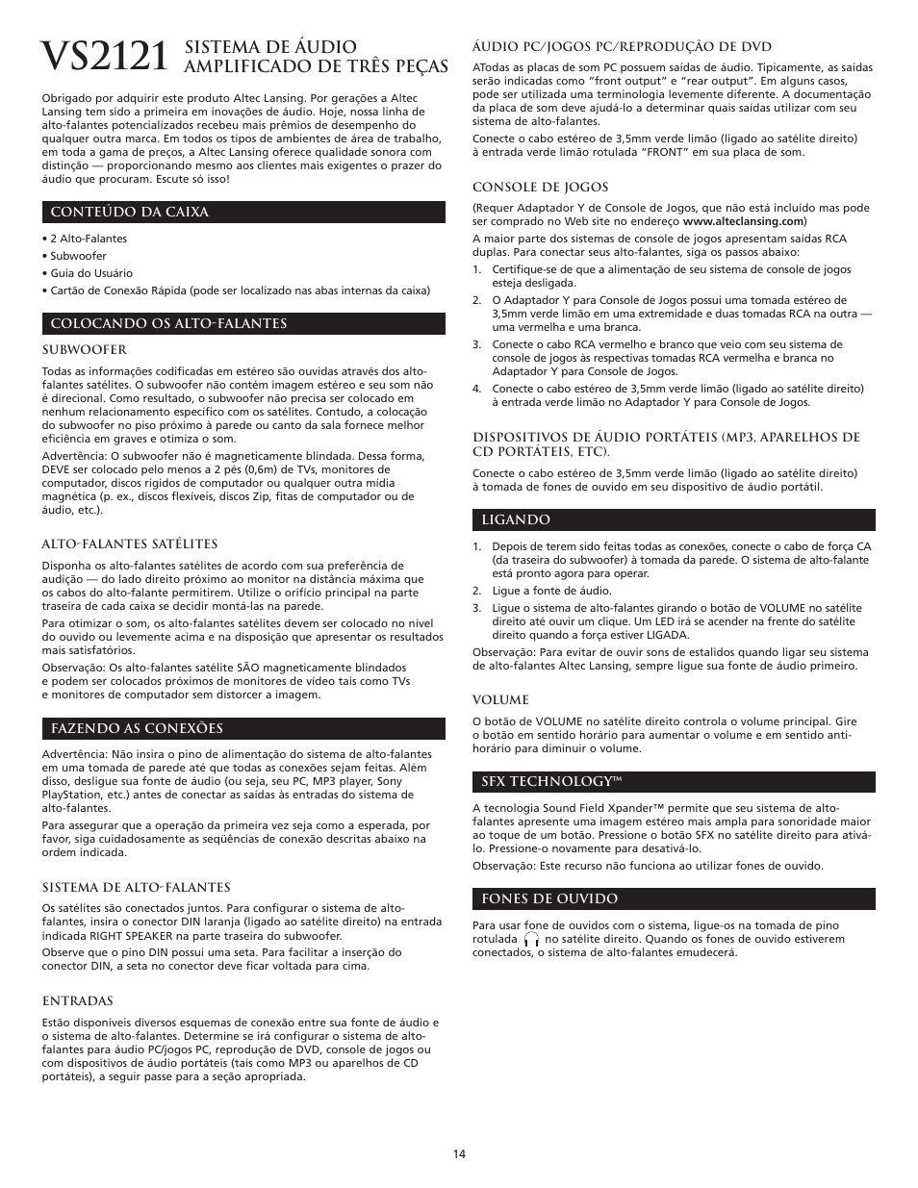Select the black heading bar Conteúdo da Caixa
click(x=242, y=212)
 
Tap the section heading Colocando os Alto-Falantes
click(x=242, y=323)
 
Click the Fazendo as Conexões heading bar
click(x=242, y=728)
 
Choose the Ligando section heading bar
click(x=674, y=519)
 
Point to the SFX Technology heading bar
click(x=674, y=781)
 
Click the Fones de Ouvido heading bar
click(x=674, y=898)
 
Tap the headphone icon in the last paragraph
click(x=531, y=940)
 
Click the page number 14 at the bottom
click(x=459, y=1153)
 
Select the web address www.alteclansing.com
click(x=743, y=221)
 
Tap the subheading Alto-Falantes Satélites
click(x=129, y=543)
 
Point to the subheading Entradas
click(x=77, y=1000)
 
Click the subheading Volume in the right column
click(x=500, y=699)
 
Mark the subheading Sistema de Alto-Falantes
click(x=136, y=887)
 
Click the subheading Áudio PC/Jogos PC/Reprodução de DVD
click(x=622, y=46)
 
